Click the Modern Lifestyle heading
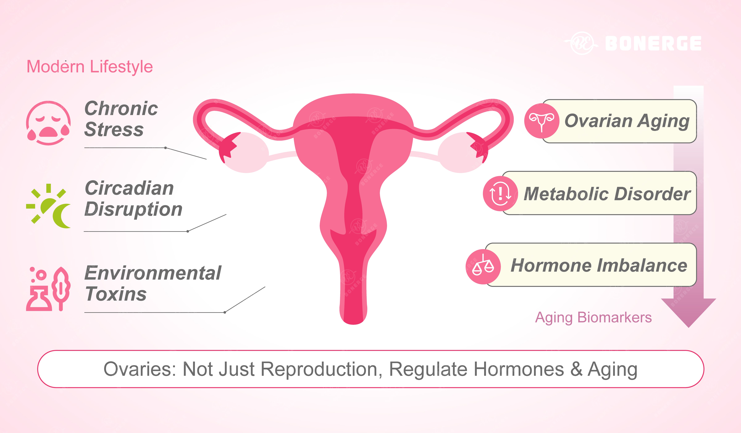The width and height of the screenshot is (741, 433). click(90, 66)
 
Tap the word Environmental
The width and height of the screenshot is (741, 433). click(153, 273)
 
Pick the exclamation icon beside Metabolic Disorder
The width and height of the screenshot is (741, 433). click(500, 193)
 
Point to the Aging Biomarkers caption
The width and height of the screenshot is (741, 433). click(593, 317)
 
